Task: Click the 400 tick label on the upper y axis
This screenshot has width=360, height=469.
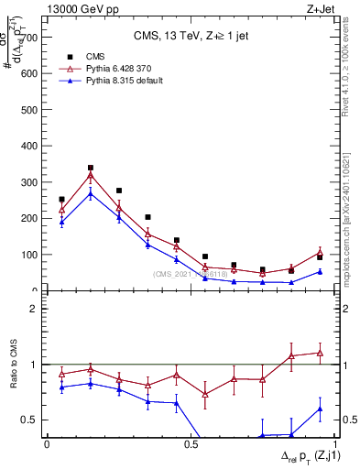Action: (27, 146)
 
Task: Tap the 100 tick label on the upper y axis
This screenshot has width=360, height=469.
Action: (27, 255)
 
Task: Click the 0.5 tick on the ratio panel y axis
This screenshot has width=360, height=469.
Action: (28, 420)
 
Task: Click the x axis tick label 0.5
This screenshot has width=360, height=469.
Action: (191, 443)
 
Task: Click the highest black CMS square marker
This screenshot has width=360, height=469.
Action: (90, 168)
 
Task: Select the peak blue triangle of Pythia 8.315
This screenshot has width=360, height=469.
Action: (90, 193)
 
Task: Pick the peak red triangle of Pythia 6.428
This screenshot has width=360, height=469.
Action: (90, 175)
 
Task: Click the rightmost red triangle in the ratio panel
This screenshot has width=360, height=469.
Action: (320, 352)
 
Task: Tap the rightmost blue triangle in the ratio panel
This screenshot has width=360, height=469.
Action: (320, 409)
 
